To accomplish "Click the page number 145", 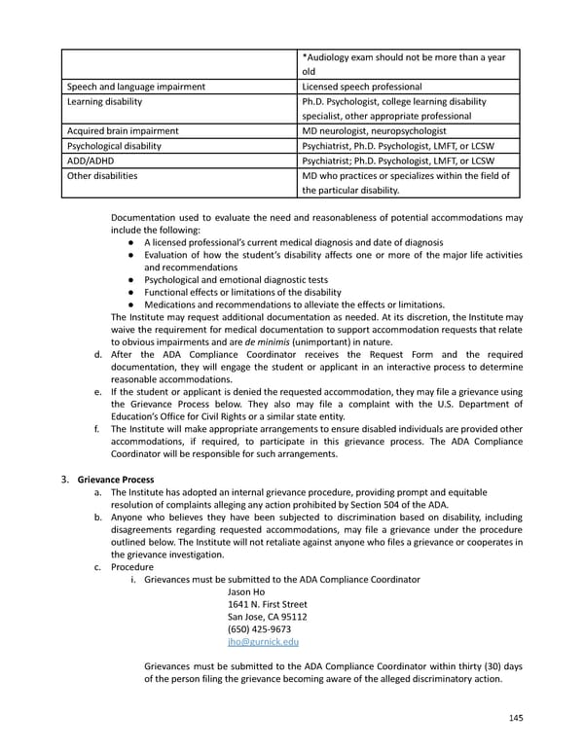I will tap(516, 718).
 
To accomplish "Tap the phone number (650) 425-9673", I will tap(258, 629).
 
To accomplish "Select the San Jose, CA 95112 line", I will tap(267, 617).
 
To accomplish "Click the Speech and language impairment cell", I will tap(135, 87).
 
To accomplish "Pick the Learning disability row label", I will tap(104, 101).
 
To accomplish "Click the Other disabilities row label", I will tap(102, 175).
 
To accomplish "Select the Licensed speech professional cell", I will tap(362, 87).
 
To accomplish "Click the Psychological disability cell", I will tap(114, 145).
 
